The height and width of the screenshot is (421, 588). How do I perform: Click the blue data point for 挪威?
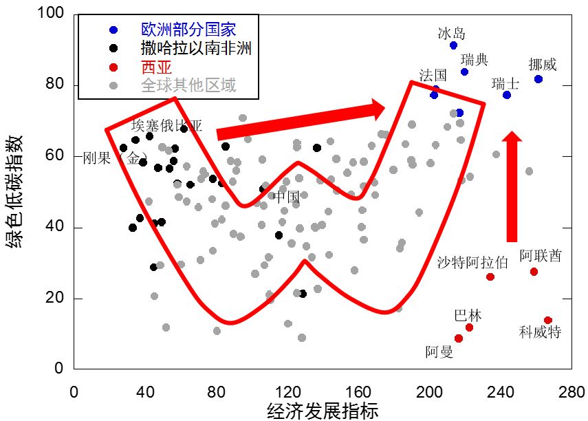point(538,79)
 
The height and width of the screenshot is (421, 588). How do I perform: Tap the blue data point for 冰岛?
point(453,45)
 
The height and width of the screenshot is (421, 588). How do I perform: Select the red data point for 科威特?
point(548,321)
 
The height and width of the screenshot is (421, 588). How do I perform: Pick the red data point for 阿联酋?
point(534,272)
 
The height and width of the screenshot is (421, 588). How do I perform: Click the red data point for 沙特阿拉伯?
point(490,277)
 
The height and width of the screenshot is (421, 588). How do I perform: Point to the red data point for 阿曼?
point(459,338)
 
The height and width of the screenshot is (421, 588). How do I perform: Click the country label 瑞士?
point(505,83)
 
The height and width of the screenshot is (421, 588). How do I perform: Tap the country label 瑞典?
point(475,60)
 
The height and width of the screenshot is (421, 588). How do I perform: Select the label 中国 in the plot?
point(287,197)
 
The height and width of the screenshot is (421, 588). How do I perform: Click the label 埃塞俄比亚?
point(167,125)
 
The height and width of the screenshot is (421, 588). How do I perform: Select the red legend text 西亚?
point(156,67)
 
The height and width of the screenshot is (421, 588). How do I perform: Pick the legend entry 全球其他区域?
point(188,86)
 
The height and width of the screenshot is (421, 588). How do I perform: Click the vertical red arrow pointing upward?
point(511,186)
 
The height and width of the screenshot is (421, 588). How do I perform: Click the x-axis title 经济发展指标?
point(323,411)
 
